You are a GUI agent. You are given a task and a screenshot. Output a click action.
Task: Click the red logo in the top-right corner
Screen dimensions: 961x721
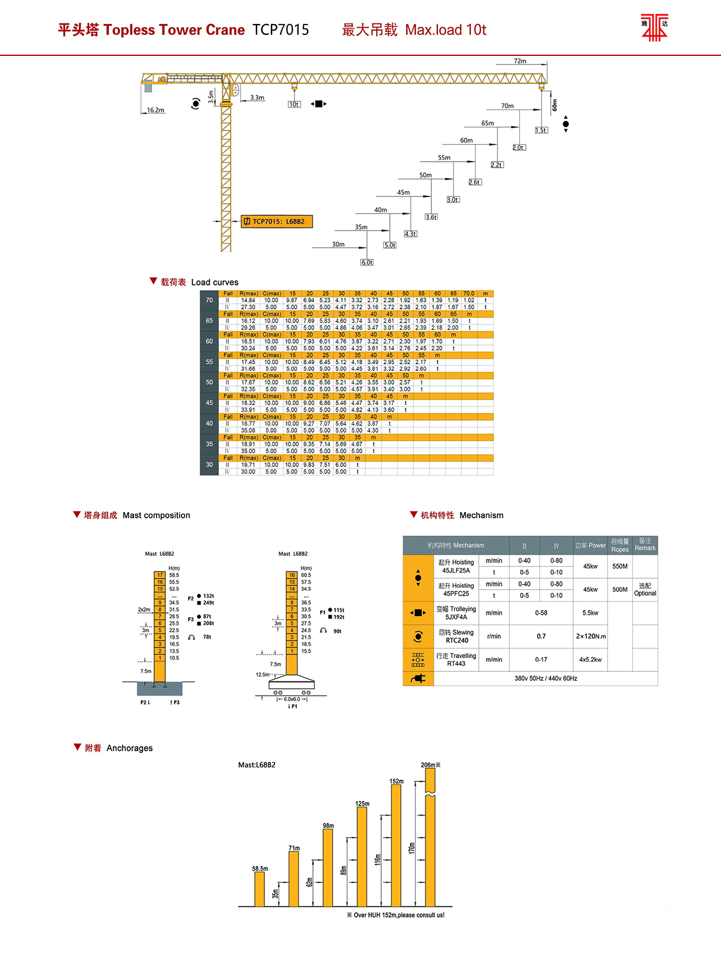(x=654, y=27)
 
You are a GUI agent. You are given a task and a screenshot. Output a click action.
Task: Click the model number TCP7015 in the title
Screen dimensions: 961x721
(x=281, y=30)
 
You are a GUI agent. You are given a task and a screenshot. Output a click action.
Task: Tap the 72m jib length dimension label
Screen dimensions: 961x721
(x=520, y=61)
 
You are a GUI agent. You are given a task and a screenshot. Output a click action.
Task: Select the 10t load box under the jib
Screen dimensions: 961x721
(x=294, y=105)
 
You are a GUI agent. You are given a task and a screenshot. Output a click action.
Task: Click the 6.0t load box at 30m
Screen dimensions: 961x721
(x=367, y=263)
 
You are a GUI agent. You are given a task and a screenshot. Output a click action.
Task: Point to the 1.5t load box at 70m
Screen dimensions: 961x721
(x=541, y=130)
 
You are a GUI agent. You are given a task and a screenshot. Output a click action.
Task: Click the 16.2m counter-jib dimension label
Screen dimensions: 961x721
(x=156, y=111)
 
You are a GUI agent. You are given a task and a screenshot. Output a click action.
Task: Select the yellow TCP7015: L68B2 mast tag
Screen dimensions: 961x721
(x=277, y=222)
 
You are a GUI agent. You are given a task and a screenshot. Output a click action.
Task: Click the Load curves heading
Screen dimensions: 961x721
(x=214, y=282)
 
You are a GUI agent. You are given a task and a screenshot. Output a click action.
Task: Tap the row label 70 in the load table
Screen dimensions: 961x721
(x=209, y=301)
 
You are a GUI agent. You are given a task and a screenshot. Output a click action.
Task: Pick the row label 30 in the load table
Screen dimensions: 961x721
(x=209, y=465)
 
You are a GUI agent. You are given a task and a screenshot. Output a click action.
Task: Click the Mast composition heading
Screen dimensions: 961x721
(x=156, y=516)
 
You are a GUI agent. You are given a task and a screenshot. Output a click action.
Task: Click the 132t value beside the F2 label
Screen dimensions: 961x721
(x=208, y=596)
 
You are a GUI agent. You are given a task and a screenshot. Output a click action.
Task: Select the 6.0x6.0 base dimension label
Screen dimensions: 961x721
(x=292, y=700)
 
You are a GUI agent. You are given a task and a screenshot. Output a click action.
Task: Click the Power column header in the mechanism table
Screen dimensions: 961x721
(x=590, y=546)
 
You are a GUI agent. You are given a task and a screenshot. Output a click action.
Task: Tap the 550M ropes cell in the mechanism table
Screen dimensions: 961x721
(x=620, y=567)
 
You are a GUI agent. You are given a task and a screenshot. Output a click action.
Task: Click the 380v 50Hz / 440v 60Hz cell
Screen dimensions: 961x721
(x=546, y=679)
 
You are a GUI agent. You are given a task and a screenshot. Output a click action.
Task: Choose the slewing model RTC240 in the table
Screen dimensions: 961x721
(x=457, y=641)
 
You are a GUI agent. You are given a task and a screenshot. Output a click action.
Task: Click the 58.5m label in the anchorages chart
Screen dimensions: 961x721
(x=260, y=869)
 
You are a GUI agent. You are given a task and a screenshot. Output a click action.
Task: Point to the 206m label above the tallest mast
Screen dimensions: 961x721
(x=430, y=765)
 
